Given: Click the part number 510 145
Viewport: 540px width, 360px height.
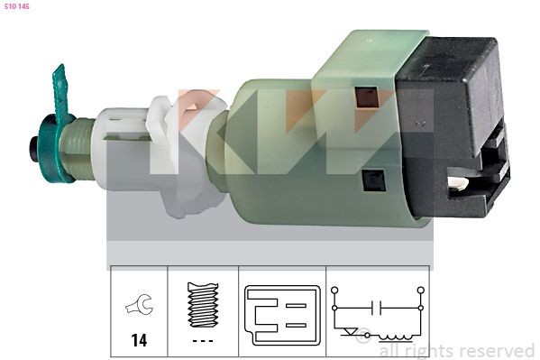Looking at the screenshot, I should (x=16, y=6).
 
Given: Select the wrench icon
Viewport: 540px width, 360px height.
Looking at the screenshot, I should (x=139, y=307).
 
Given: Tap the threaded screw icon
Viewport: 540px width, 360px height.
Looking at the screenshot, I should (x=203, y=304).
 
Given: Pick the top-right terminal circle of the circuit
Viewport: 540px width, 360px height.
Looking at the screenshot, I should (x=420, y=291).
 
